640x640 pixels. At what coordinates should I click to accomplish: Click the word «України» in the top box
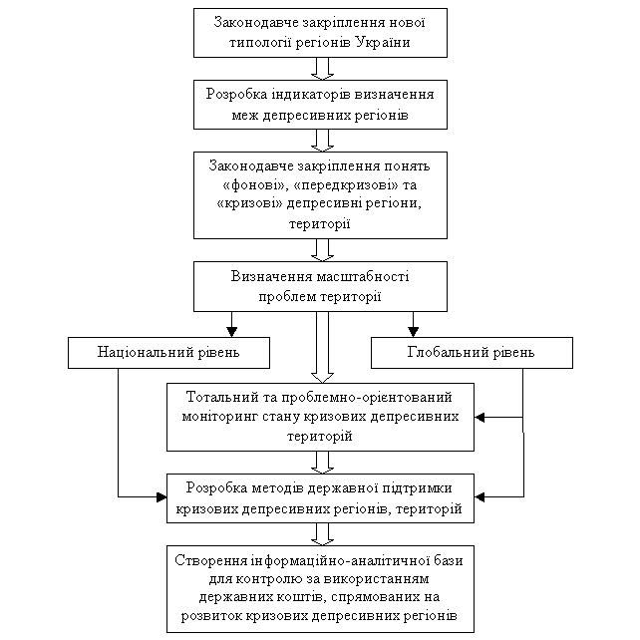tap(383, 43)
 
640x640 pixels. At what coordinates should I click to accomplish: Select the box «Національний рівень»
tap(168, 353)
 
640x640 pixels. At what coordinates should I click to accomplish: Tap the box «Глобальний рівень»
tap(472, 353)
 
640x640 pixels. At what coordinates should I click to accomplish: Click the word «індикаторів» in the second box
tap(305, 95)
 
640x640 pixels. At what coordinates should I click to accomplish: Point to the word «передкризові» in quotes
tap(346, 184)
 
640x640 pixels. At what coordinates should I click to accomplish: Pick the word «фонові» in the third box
tap(254, 184)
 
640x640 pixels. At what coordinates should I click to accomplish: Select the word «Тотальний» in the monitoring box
tap(218, 397)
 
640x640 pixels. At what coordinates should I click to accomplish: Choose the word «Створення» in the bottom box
tap(208, 560)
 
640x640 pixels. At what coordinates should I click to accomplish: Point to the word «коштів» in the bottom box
tap(301, 597)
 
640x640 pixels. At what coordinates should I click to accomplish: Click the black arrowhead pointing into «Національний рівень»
tap(232, 331)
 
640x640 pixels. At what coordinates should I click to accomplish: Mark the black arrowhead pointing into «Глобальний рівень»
tap(413, 331)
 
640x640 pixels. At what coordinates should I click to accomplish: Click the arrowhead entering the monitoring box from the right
tap(480, 417)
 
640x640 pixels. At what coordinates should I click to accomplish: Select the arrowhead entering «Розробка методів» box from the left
tap(161, 496)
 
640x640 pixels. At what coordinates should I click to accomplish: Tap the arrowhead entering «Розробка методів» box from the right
tap(480, 496)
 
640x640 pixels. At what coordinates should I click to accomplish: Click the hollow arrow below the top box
tap(322, 69)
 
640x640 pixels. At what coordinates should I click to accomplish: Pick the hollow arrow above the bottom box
tap(322, 534)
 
